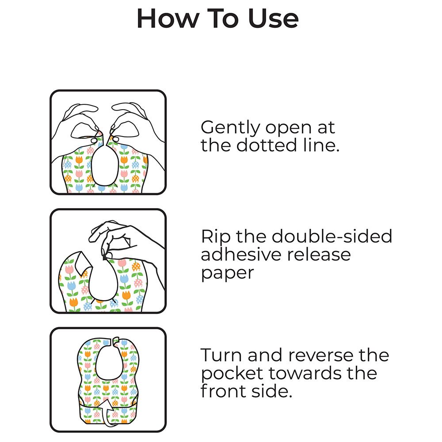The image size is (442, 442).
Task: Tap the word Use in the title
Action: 273,18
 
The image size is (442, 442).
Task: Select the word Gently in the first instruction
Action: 230,128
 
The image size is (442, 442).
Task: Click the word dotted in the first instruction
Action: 267,145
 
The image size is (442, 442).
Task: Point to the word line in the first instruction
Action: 321,145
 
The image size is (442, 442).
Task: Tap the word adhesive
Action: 241,254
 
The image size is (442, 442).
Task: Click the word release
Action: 319,254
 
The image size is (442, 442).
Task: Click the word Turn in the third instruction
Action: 221,355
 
